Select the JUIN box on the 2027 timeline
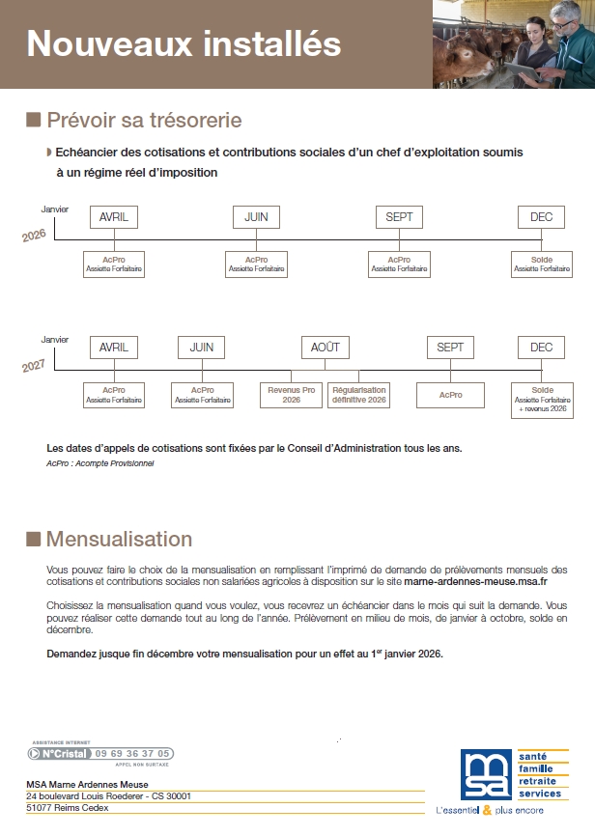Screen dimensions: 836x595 tap(201, 348)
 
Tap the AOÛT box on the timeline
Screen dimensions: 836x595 tap(326, 348)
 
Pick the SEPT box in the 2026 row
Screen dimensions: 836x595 tap(399, 217)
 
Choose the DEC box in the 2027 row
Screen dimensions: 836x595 tap(541, 348)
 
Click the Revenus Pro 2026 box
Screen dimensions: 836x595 tap(292, 394)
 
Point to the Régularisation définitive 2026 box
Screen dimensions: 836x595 tap(359, 394)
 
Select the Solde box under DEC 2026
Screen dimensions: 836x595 tap(542, 265)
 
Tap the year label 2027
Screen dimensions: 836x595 tap(34, 366)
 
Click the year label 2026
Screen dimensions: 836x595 tap(34, 236)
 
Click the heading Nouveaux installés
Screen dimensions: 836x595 tap(184, 43)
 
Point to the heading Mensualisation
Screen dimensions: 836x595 tap(119, 539)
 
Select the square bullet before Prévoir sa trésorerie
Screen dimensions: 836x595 tap(33, 120)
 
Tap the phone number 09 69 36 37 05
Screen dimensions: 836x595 tap(133, 753)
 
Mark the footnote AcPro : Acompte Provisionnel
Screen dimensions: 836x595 tap(99, 463)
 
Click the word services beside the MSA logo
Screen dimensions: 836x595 tap(540, 793)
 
